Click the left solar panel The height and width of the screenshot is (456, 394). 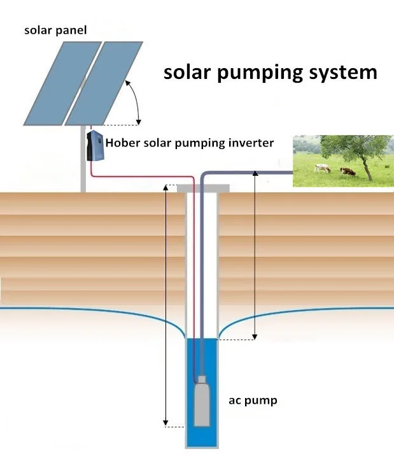click(62, 82)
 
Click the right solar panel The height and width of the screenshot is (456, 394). click(105, 82)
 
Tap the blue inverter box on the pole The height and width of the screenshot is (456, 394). click(94, 145)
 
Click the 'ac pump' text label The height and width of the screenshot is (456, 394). click(253, 401)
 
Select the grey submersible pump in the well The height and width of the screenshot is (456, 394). click(202, 404)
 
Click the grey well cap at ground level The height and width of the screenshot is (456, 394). click(202, 188)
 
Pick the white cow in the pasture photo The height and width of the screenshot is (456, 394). click(322, 169)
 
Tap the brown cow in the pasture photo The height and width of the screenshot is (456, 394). click(347, 171)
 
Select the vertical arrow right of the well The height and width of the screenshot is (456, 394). click(255, 255)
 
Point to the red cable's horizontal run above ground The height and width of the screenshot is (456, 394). click(143, 176)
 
